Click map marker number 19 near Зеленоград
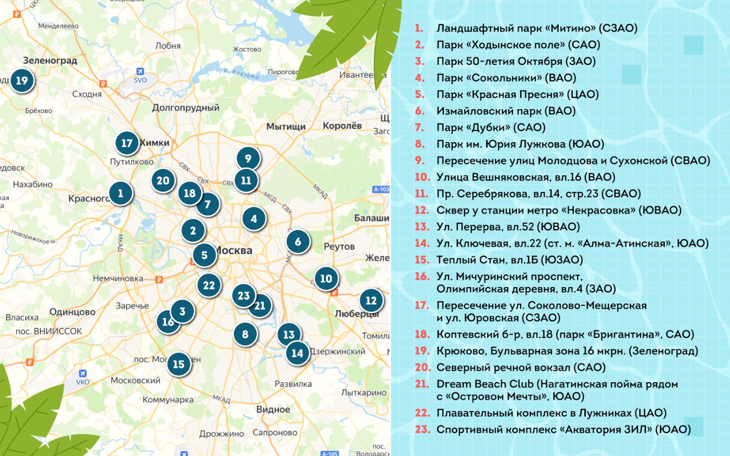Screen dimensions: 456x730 (21, 81)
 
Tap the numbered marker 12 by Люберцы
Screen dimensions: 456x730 (371, 301)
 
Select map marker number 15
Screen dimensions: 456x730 (179, 364)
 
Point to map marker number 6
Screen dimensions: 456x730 (298, 242)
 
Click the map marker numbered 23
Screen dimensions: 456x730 (243, 295)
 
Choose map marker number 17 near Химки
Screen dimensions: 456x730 (127, 143)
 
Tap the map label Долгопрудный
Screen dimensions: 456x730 (185, 108)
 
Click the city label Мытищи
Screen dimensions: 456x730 (286, 127)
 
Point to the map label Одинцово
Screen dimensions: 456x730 (72, 312)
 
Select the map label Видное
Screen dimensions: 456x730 (273, 409)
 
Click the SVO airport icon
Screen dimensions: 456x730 (140, 72)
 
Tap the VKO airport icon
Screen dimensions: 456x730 (83, 373)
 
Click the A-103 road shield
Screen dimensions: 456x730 (381, 189)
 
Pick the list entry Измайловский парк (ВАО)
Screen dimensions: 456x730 (505, 111)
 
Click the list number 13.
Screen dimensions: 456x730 (421, 227)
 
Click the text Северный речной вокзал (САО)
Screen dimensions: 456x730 (521, 368)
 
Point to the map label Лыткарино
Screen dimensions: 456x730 (363, 393)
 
